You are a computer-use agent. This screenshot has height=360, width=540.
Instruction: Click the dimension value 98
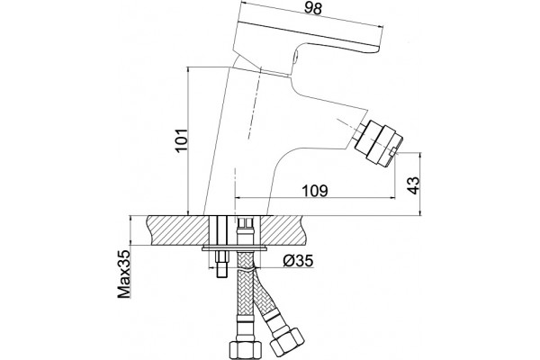[x=313, y=8]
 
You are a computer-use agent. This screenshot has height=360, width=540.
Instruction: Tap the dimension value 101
[x=181, y=139]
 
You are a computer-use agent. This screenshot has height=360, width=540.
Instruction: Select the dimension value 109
[x=315, y=191]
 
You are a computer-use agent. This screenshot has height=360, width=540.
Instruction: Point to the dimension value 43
[x=414, y=185]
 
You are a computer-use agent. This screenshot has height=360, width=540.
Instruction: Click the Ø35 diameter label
[x=298, y=261]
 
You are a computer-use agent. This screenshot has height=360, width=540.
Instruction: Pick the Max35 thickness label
[x=124, y=274]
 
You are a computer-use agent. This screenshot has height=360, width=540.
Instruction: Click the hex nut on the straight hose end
[x=242, y=350]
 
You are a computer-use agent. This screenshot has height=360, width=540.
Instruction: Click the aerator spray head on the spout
[x=379, y=142]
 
